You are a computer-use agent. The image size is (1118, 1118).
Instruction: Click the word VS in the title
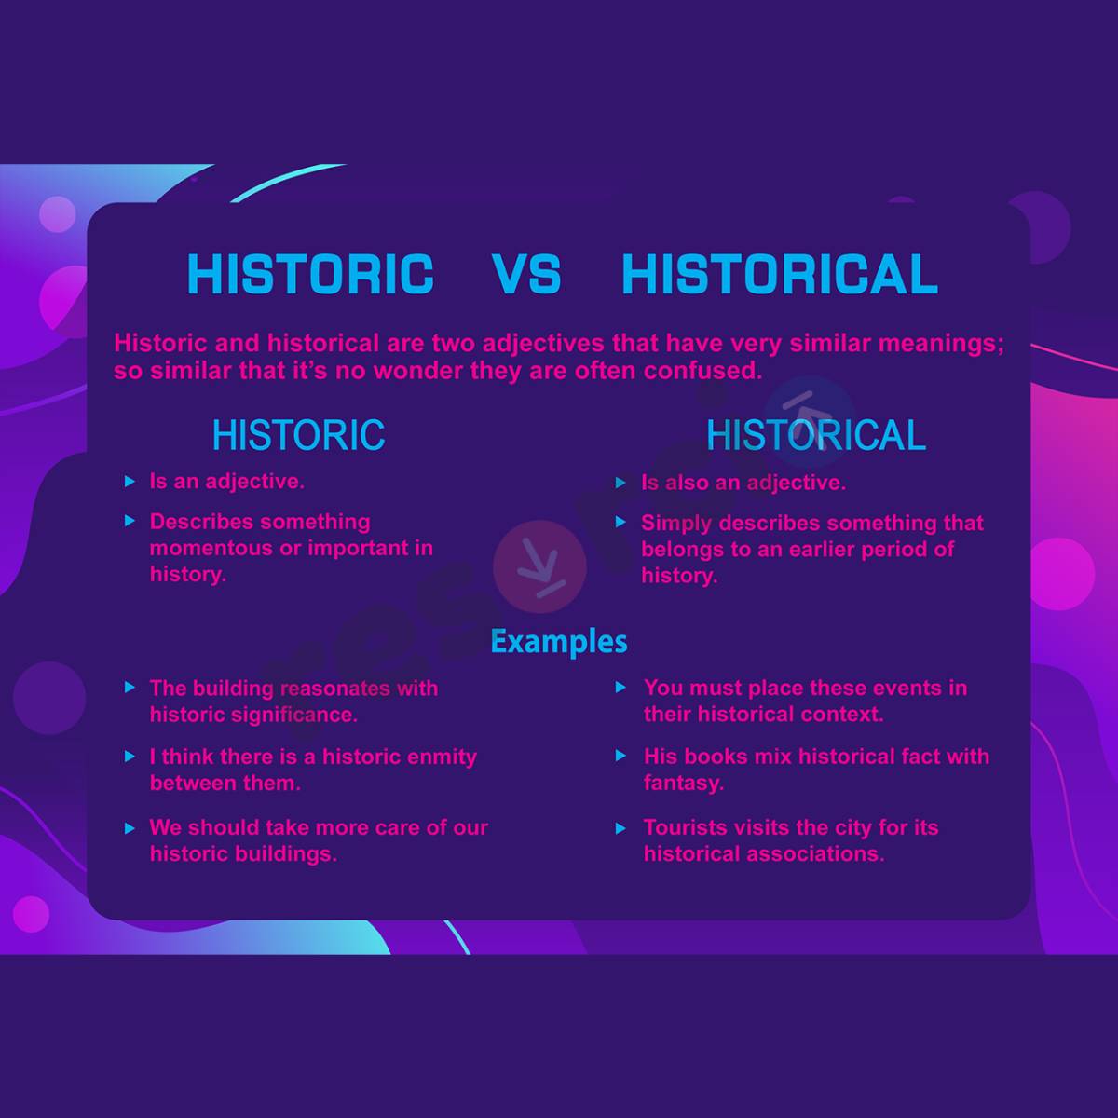coord(526,274)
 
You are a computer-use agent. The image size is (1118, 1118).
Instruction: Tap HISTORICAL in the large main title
coord(779,274)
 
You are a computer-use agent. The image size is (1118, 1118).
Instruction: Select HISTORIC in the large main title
coord(310,274)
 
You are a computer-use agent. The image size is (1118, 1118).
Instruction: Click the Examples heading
coord(559,641)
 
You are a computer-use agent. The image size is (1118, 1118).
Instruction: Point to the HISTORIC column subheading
coord(298,435)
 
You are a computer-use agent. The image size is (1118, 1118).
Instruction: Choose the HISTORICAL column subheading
coord(816,435)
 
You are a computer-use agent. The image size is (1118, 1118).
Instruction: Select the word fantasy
coord(683,783)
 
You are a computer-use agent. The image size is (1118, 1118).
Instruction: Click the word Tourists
coord(685,827)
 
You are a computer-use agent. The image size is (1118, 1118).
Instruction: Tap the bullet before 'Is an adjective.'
coord(130,482)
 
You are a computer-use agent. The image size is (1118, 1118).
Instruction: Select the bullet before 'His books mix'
coord(621,756)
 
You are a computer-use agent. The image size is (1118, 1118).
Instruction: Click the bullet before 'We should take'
coord(130,827)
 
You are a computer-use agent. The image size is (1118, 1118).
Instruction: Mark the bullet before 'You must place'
coord(621,688)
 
